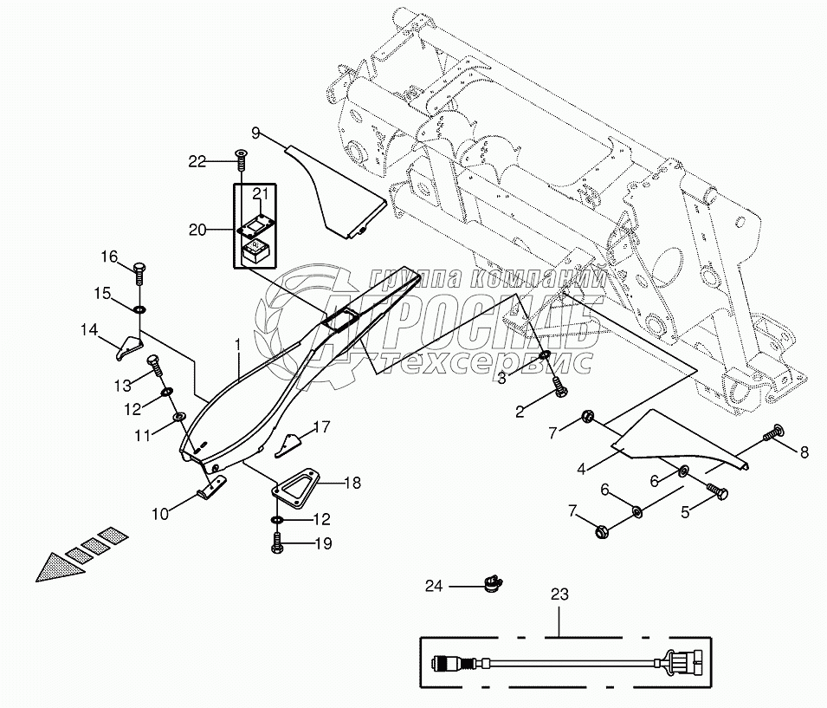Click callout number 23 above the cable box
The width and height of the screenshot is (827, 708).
point(559,595)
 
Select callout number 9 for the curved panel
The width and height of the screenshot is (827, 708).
point(256,133)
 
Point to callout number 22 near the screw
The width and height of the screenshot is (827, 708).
point(198,160)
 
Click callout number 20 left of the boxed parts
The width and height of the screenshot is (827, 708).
point(198,230)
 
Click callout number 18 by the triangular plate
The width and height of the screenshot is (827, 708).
point(328,484)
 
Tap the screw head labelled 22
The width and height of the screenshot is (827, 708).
point(239,157)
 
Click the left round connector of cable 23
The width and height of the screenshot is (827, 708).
point(444,666)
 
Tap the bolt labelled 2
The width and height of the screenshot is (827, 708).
point(558,394)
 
